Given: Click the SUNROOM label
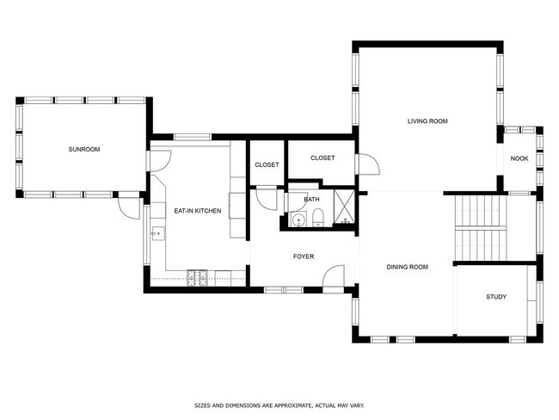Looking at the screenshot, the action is coord(84,149).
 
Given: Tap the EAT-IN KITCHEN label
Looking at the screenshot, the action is coord(198,211).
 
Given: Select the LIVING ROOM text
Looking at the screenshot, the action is coord(427,121).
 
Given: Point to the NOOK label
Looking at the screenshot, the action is coord(519,158).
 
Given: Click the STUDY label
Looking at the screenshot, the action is coord(496,297).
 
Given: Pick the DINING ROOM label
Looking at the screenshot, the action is coord(407,267).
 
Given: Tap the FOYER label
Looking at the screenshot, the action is coord(304,256).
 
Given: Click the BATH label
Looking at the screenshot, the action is coord(311,200).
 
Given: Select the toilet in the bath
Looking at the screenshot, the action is coord(317,219).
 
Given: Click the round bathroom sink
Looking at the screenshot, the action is coord(298,220).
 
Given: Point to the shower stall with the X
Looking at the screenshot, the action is coord(344,207).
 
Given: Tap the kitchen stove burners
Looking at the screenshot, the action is coord(197,278).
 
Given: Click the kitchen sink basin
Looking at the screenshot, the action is coord(157,233).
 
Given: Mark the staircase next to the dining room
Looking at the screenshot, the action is coord(481,228).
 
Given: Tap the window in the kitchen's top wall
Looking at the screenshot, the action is coord(193,137).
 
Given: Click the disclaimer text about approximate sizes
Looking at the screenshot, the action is coord(279,405).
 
